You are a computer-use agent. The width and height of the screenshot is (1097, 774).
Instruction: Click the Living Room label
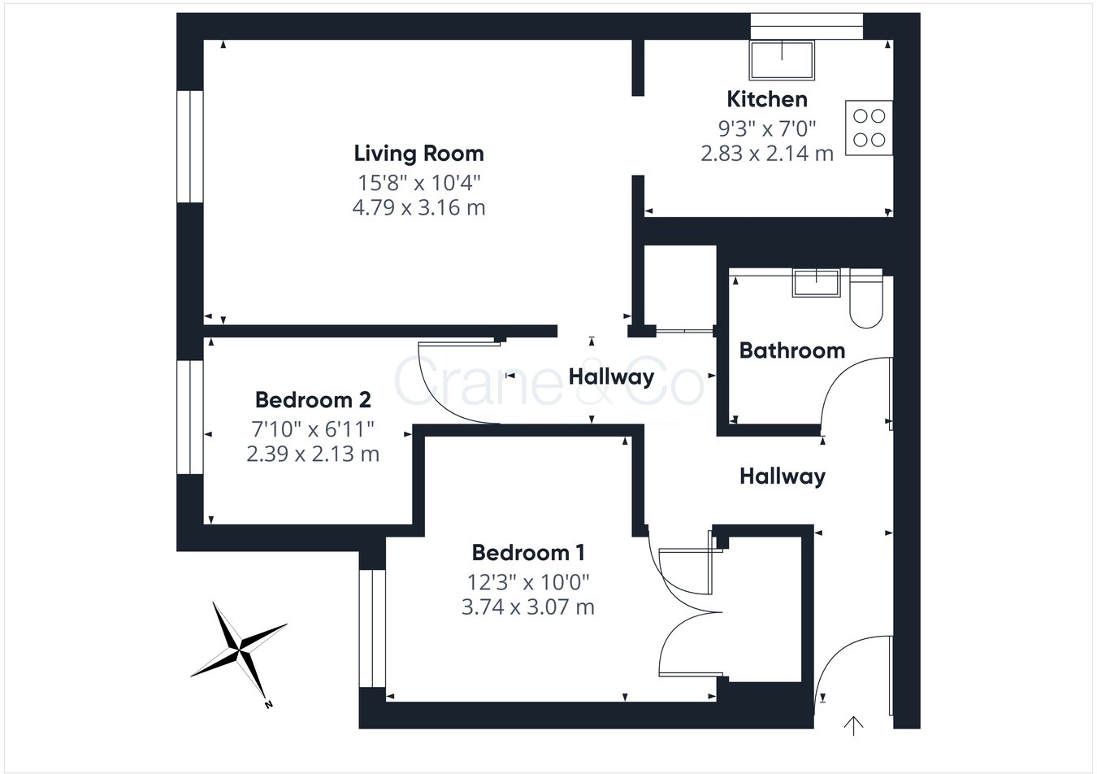click(418, 153)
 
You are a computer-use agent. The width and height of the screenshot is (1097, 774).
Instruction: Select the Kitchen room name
click(767, 99)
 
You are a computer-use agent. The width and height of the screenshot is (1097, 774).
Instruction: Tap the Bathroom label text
click(791, 350)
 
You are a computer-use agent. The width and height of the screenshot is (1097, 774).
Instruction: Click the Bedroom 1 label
click(528, 553)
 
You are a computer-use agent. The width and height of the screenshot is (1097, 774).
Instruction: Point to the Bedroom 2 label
click(313, 400)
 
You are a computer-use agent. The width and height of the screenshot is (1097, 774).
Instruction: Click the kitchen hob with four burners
click(869, 128)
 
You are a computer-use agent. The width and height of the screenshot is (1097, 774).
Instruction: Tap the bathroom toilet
click(865, 302)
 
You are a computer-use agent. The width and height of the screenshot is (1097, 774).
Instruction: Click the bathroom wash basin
click(817, 282)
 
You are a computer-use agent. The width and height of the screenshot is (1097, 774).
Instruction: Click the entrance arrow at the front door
click(853, 724)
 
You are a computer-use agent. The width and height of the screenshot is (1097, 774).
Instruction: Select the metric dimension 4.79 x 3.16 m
click(418, 207)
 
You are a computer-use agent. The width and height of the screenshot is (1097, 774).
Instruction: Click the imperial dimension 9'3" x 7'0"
click(766, 128)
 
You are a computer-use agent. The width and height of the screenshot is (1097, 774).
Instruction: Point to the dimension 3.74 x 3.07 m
click(528, 607)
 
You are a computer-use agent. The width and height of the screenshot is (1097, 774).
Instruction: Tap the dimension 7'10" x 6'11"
click(313, 427)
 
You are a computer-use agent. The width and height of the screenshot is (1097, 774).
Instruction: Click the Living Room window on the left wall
click(190, 146)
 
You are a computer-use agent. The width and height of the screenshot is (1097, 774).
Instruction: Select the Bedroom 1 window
click(372, 628)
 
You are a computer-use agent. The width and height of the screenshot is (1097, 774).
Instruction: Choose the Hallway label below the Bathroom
click(782, 476)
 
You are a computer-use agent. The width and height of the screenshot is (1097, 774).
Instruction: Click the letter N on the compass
click(267, 705)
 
